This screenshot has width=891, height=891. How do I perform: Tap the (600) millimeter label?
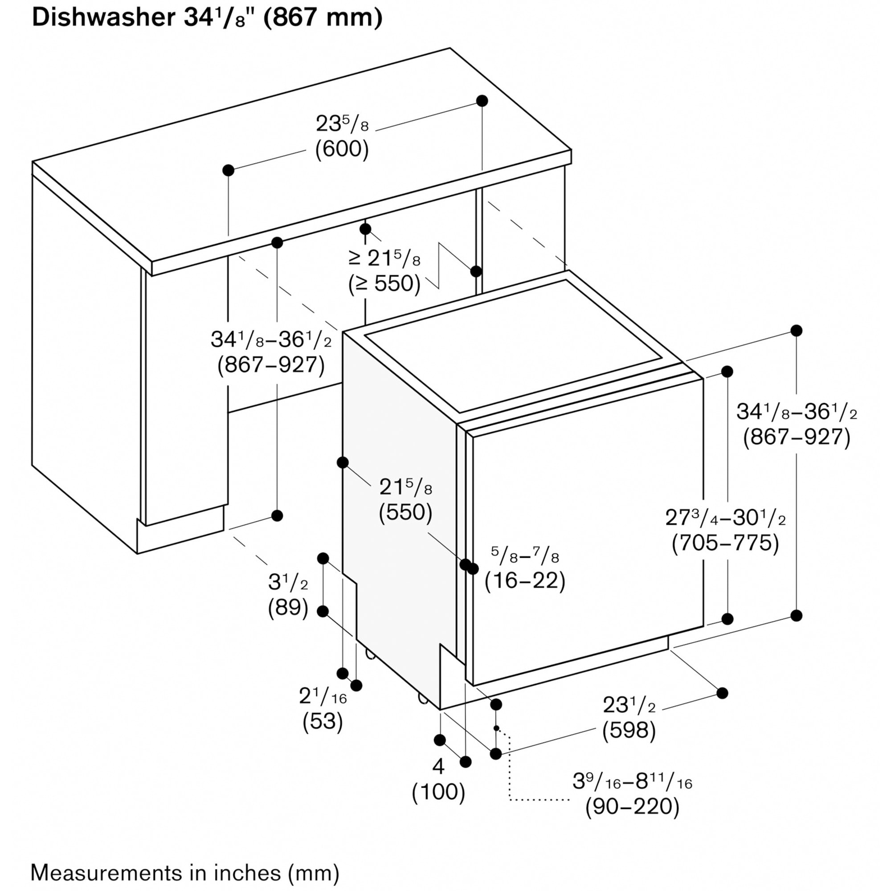coord(342,149)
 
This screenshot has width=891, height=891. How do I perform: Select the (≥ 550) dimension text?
coord(384,284)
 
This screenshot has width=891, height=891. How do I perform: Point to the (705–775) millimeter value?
coord(725,543)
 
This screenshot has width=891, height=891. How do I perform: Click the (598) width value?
coord(629,730)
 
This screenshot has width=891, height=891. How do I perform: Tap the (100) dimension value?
coord(438,792)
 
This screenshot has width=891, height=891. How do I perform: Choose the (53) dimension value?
coord(323,721)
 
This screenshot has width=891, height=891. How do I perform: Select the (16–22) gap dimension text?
coord(525,580)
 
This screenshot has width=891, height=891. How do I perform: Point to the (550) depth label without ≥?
coord(405,512)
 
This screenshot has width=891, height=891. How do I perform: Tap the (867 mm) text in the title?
coord(323,18)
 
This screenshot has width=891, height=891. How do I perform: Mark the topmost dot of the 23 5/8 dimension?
coord(482,101)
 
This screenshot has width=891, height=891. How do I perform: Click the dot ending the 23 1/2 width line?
coord(722,693)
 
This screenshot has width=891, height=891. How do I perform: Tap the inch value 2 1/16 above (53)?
coord(323,696)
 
